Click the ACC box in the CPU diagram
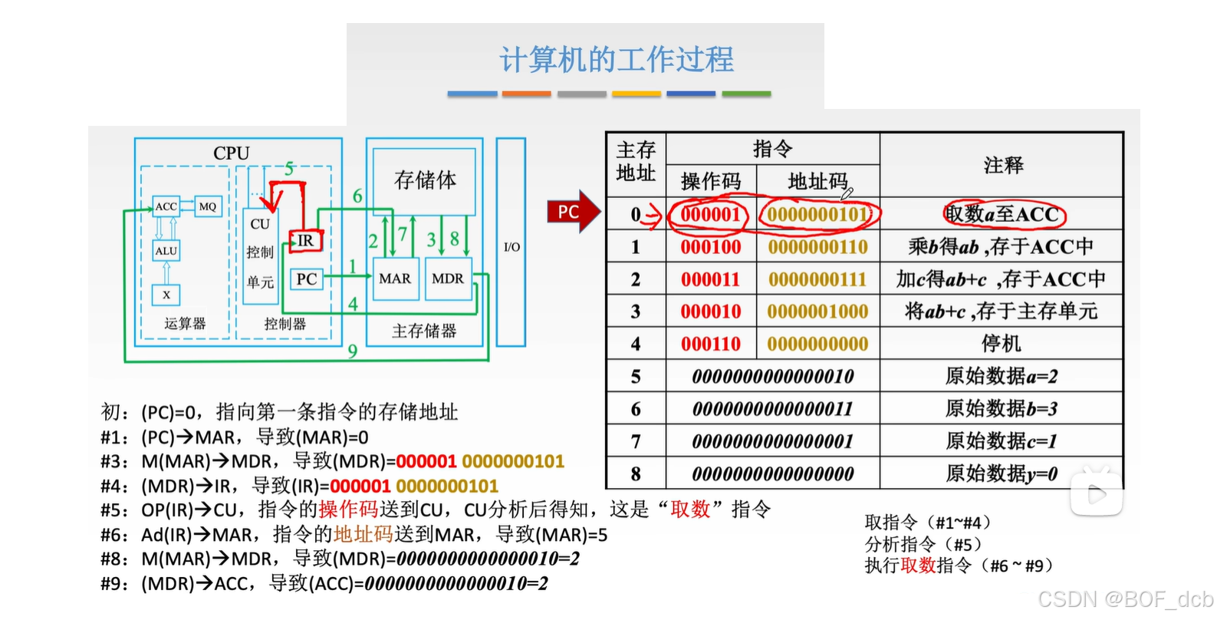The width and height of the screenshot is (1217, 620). pyautogui.click(x=166, y=206)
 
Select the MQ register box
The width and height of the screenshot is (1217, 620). pyautogui.click(x=208, y=206)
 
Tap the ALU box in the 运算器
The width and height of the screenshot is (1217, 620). pyautogui.click(x=166, y=251)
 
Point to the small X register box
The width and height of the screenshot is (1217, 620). pyautogui.click(x=166, y=294)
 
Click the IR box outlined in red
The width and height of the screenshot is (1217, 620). pyautogui.click(x=305, y=241)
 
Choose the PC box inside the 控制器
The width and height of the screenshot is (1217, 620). pyautogui.click(x=306, y=279)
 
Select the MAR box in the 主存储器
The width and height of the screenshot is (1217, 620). pyautogui.click(x=394, y=279)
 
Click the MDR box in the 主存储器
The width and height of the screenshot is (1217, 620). pyautogui.click(x=448, y=279)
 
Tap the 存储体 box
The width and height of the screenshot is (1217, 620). pyautogui.click(x=424, y=180)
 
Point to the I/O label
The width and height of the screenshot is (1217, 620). pyautogui.click(x=511, y=247)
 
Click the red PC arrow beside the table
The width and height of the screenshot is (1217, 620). pyautogui.click(x=571, y=212)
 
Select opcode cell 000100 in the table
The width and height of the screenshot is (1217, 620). pyautogui.click(x=711, y=247)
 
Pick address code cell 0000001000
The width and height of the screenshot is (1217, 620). pyautogui.click(x=817, y=312)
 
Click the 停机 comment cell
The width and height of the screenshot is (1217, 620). pyautogui.click(x=1001, y=344)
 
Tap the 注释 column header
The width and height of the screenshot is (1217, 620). pyautogui.click(x=1002, y=165)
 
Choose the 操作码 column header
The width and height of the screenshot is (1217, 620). pyautogui.click(x=711, y=181)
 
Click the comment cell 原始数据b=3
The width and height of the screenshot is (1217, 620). pyautogui.click(x=1001, y=409)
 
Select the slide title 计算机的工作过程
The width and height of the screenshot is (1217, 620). pyautogui.click(x=617, y=60)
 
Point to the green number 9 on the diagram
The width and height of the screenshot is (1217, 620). pyautogui.click(x=352, y=351)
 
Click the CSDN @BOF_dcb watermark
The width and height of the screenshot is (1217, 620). pyautogui.click(x=1125, y=599)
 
